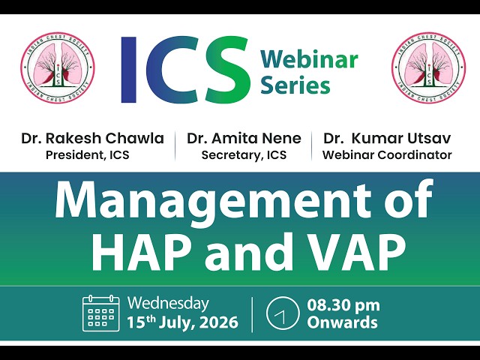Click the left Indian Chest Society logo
[58, 68]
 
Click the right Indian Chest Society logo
[428, 68]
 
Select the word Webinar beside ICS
[309, 59]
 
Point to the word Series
[295, 85]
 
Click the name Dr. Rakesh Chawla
[92, 138]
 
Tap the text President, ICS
[88, 155]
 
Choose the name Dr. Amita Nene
[244, 138]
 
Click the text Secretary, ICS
[244, 155]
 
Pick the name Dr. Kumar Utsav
[387, 138]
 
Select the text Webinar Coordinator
[387, 155]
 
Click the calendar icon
[100, 313]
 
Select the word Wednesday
[168, 304]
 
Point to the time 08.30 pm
[343, 305]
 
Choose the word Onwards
[342, 322]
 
